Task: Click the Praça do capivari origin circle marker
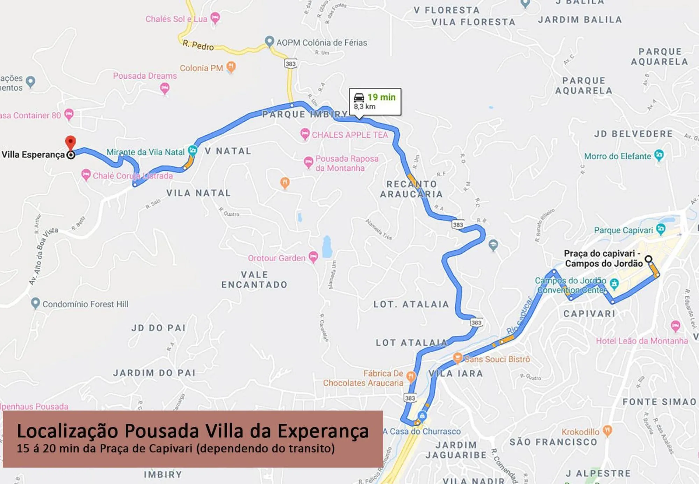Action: [648, 259]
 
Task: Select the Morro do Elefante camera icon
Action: [659, 155]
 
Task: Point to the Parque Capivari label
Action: [623, 230]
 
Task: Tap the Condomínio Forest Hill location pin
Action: [35, 303]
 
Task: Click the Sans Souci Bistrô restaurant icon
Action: [457, 357]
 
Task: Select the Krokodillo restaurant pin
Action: [607, 430]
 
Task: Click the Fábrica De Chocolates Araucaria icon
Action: [411, 376]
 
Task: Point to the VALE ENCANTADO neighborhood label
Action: [254, 280]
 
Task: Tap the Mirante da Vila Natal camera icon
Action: [193, 151]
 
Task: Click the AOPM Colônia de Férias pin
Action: [269, 41]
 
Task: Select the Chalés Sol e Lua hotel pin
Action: [215, 17]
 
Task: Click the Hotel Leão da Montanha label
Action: [642, 341]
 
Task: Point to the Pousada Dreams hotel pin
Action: [165, 88]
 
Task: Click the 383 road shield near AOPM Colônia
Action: [290, 64]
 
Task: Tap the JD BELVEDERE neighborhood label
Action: [633, 134]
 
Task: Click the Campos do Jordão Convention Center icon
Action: [614, 283]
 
